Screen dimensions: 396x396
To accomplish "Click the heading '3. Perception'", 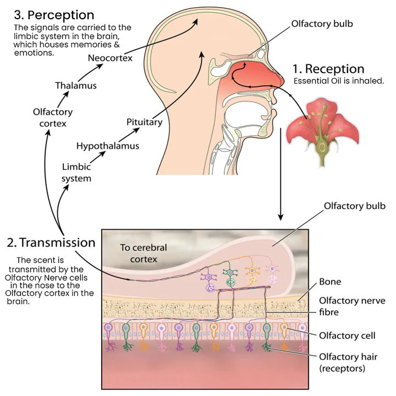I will (54, 14).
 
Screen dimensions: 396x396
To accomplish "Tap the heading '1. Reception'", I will (328, 69).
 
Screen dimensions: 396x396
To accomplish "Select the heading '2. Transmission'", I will (51, 243).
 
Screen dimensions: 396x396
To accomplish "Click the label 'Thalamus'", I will (76, 85).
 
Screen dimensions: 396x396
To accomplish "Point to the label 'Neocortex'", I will (110, 58).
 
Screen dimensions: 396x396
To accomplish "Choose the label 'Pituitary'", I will (144, 122).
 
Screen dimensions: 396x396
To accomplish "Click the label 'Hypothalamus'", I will (107, 146).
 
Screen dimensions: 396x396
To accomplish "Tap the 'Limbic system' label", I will (76, 172).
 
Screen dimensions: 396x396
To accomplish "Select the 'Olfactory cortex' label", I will (53, 118).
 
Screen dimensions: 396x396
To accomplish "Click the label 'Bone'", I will (330, 282).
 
